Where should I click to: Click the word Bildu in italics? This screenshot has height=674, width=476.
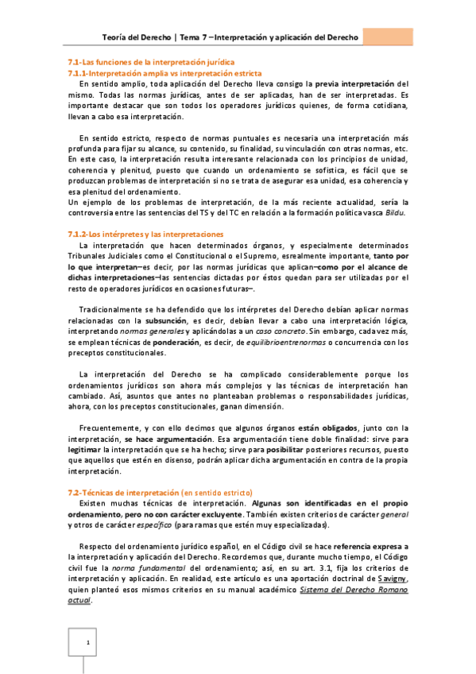[396, 215]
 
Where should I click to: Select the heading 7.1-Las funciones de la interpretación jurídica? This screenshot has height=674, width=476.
[150, 62]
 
